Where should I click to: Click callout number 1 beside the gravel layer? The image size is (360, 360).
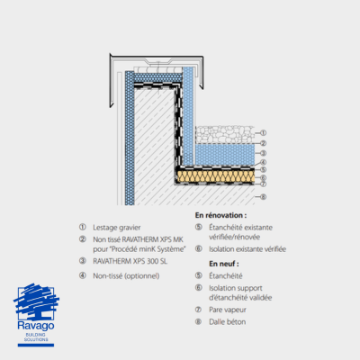(x=263, y=132)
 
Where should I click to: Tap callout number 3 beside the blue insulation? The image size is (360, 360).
(x=263, y=153)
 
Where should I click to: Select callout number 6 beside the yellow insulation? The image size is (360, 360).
(x=263, y=177)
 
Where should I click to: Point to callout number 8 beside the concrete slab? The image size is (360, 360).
(x=263, y=197)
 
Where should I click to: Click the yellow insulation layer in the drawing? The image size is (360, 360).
(x=216, y=176)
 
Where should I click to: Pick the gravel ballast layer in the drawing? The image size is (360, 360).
(x=225, y=134)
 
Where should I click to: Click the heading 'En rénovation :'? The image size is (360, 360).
(x=220, y=215)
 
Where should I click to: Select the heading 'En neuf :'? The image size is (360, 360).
(x=224, y=264)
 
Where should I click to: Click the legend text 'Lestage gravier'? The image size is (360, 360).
(x=117, y=228)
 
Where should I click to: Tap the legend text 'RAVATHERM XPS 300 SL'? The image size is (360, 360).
(x=130, y=261)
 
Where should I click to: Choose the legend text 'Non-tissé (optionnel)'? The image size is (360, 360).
(x=126, y=276)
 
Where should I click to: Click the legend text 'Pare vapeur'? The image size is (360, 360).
(x=228, y=310)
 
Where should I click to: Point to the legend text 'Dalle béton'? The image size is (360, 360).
(x=228, y=322)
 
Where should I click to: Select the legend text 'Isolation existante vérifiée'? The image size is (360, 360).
(x=247, y=249)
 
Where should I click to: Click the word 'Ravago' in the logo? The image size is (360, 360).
(x=36, y=326)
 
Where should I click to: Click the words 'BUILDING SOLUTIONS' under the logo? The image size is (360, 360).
(x=36, y=337)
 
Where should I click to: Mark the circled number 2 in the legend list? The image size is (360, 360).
(x=83, y=239)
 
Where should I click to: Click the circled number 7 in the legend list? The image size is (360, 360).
(x=198, y=310)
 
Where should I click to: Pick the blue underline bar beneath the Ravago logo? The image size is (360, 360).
(x=36, y=346)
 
